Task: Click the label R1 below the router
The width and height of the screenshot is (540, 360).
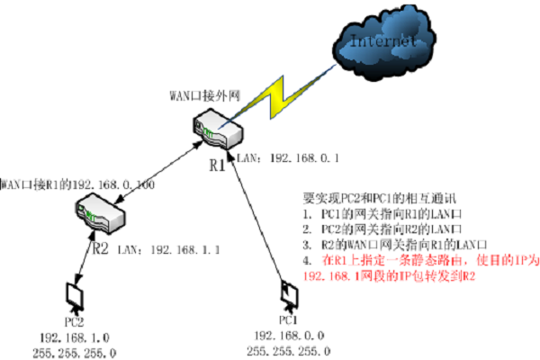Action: click(217, 165)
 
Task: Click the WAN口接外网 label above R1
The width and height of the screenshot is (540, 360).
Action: click(204, 94)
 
